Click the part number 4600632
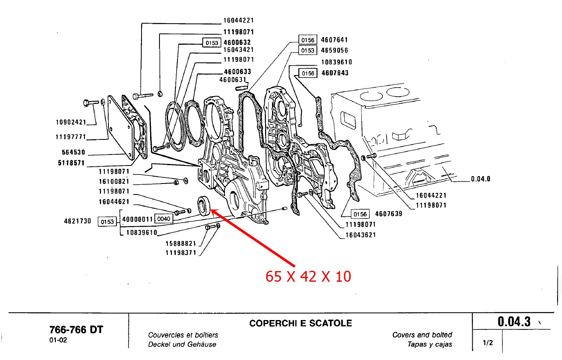click(237, 42)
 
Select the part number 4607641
click(334, 40)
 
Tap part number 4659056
click(334, 50)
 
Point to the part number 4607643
click(335, 73)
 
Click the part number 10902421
click(71, 122)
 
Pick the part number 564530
click(73, 152)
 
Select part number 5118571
click(71, 163)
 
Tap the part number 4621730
click(77, 221)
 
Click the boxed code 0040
click(164, 219)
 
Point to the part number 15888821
click(181, 243)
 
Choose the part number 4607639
click(388, 214)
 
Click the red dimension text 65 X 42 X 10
click(308, 276)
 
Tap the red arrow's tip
click(212, 210)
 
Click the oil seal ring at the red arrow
click(205, 205)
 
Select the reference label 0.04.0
click(480, 179)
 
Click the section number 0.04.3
click(514, 322)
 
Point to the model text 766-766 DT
click(76, 329)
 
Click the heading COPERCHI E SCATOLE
click(301, 323)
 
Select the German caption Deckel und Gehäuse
click(182, 345)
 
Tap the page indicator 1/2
click(487, 343)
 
